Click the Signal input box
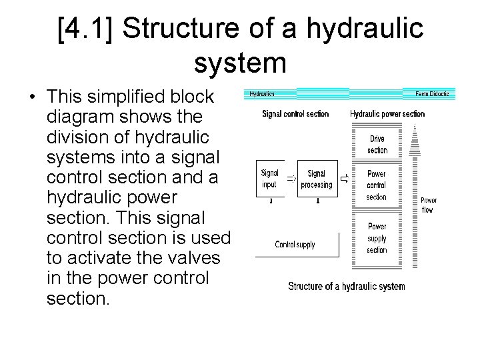pyautogui.click(x=270, y=178)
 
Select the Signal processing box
pyautogui.click(x=316, y=178)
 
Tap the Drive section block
pyautogui.click(x=377, y=144)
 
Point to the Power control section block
pyautogui.click(x=377, y=185)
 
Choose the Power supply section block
pyautogui.click(x=377, y=238)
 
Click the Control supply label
pyautogui.click(x=295, y=244)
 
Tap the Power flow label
pyautogui.click(x=429, y=205)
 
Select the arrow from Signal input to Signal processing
pyautogui.click(x=291, y=178)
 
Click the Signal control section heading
pyautogui.click(x=295, y=114)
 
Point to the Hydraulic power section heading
pyautogui.click(x=387, y=114)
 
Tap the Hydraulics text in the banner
pyautogui.click(x=262, y=94)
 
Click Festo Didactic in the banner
pyautogui.click(x=432, y=94)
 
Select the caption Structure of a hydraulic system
pyautogui.click(x=346, y=287)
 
